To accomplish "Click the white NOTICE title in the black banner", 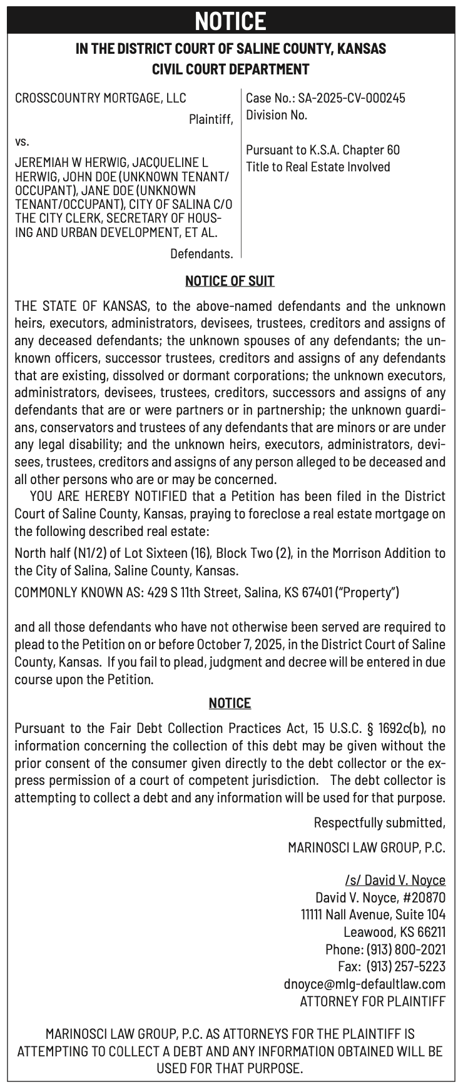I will [x=230, y=21].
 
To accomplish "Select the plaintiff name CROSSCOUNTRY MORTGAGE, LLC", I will [x=100, y=98].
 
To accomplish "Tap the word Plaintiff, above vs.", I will [x=211, y=119].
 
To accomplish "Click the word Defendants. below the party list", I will [x=201, y=253].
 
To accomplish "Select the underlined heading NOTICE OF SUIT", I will [x=230, y=281].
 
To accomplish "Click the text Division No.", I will [x=277, y=115].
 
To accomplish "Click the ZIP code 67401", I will [x=318, y=592].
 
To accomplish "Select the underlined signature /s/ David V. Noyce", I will [x=395, y=881].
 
